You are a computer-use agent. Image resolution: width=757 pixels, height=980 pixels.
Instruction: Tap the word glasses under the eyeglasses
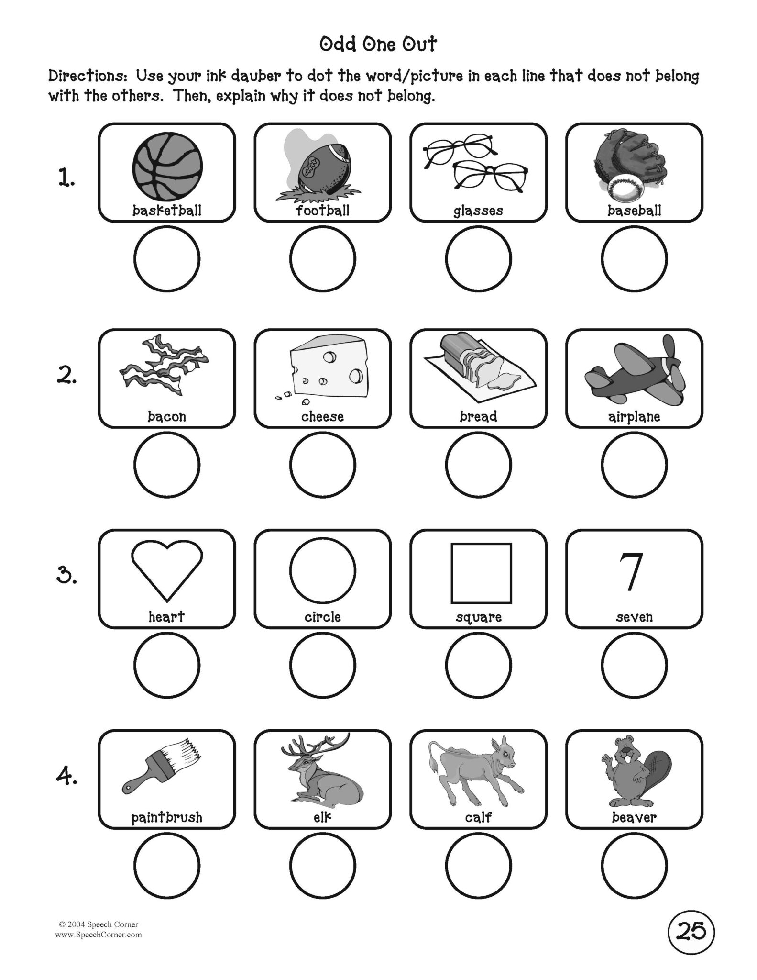pos(478,211)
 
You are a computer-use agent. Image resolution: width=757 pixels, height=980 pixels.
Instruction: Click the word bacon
pos(167,416)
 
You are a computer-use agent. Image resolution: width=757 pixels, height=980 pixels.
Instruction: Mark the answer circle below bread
pos(478,464)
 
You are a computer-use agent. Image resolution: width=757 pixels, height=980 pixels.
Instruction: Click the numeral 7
pos(631,572)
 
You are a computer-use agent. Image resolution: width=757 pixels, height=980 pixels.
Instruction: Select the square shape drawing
pos(481,573)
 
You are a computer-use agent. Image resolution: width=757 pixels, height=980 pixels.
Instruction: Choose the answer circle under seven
pos(634,665)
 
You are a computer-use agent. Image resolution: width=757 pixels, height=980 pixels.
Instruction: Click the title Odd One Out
pos(378,45)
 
